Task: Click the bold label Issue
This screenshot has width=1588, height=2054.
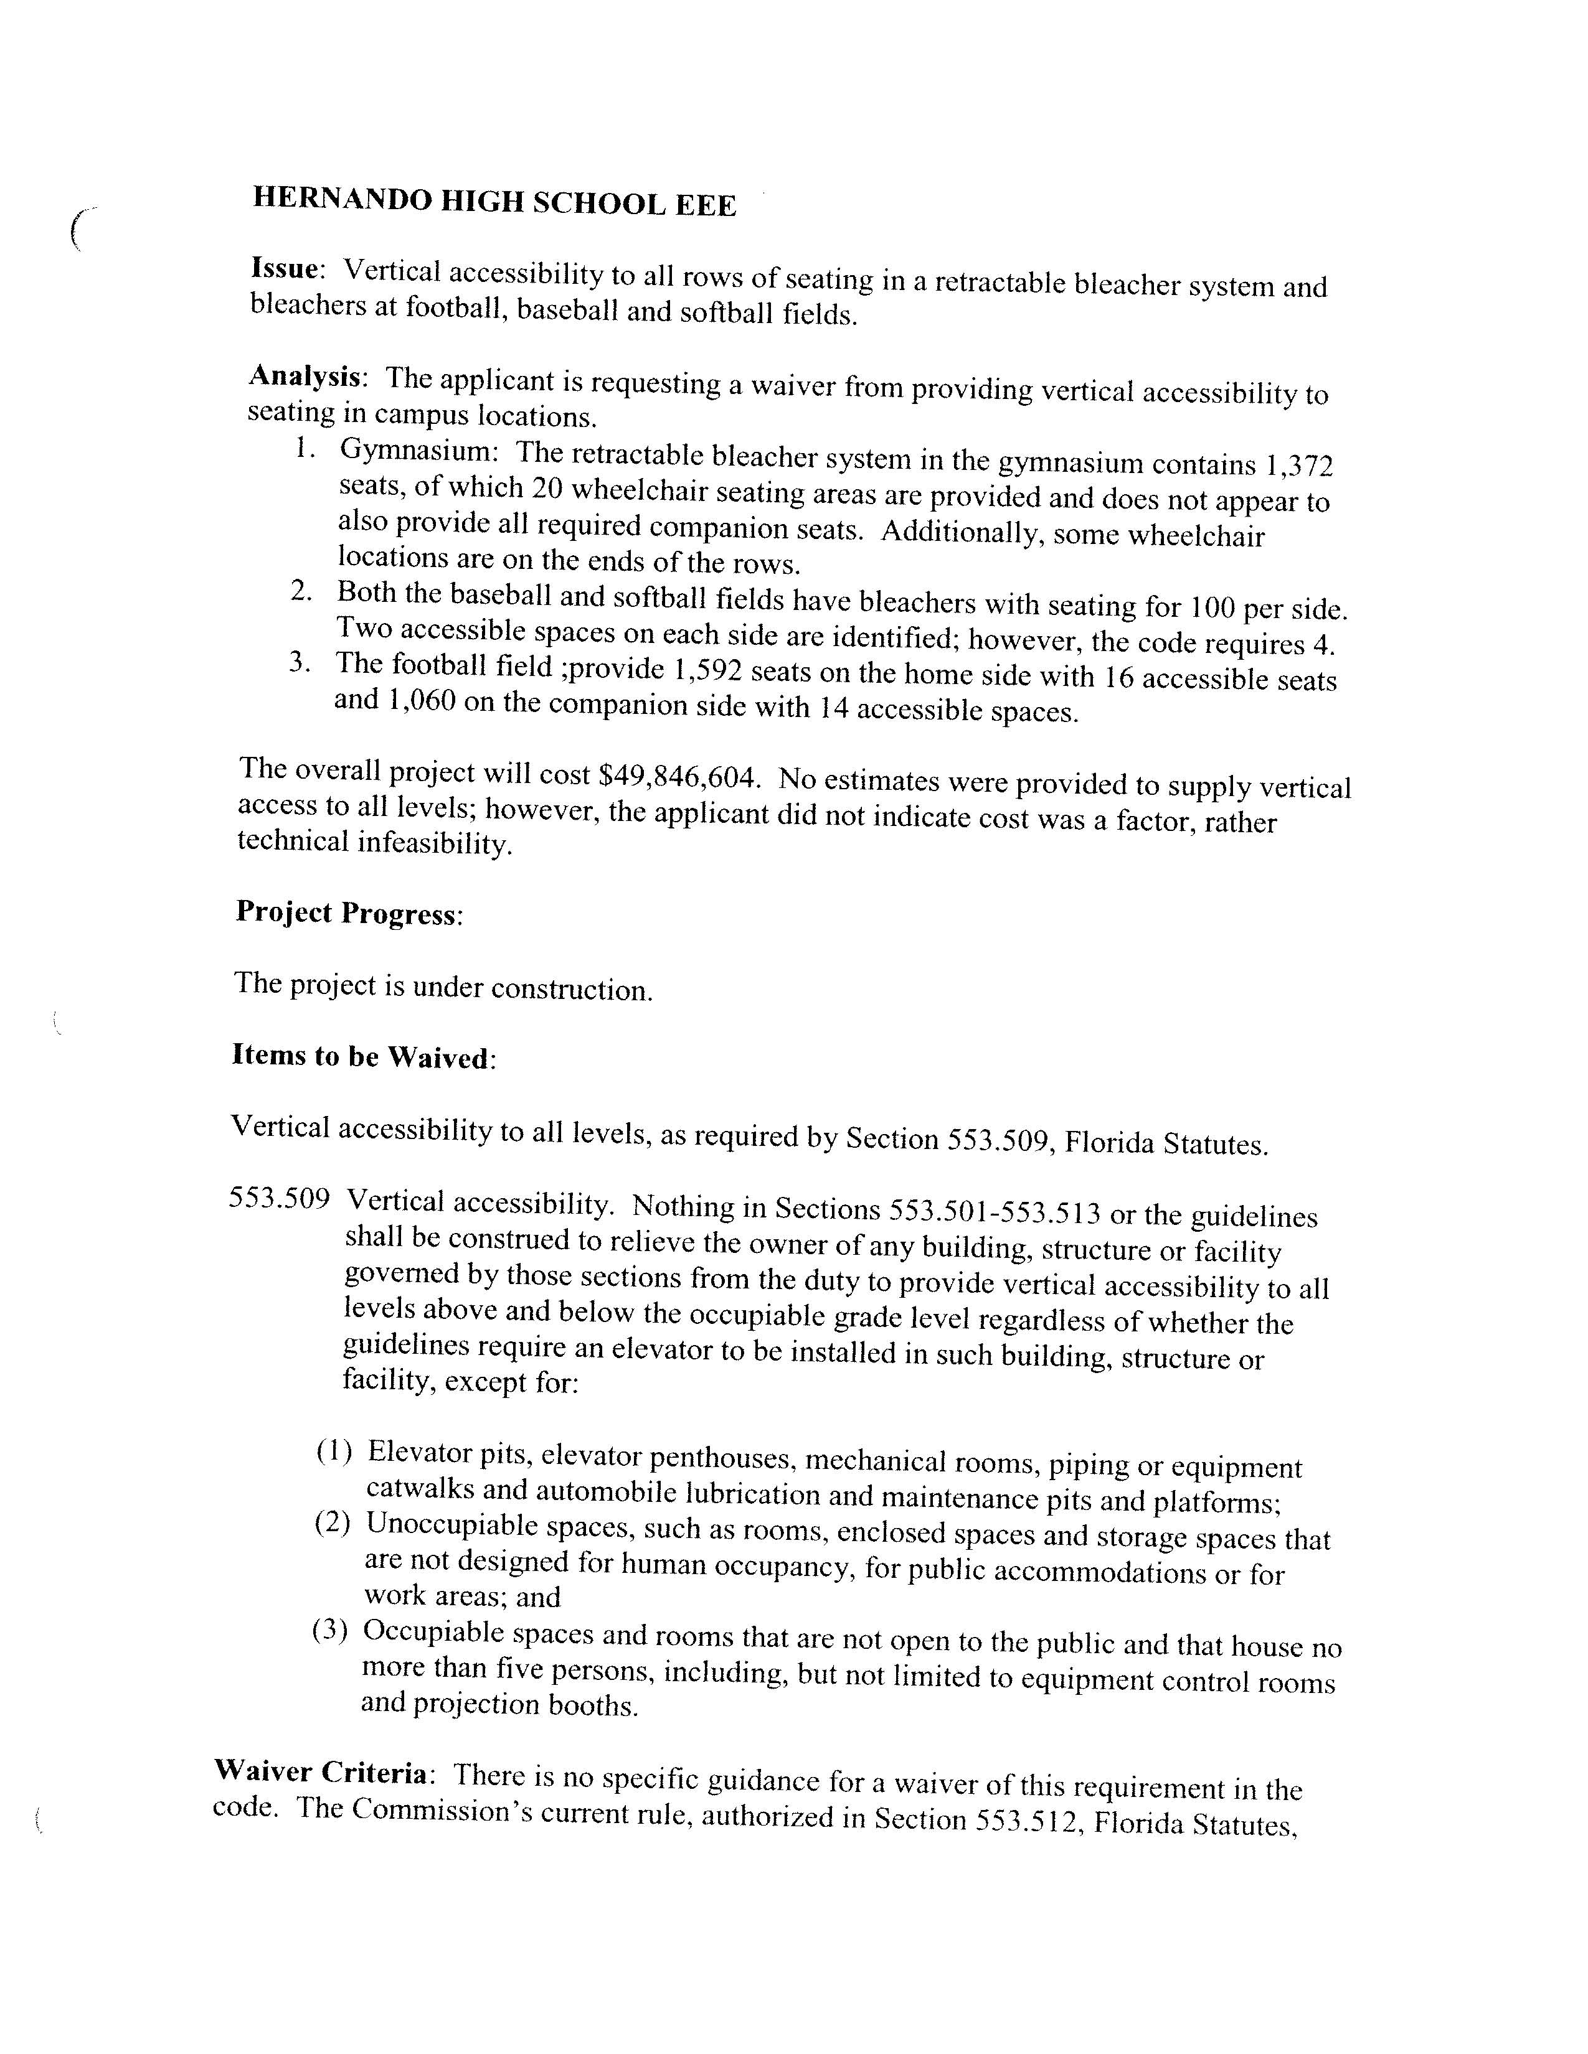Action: (285, 269)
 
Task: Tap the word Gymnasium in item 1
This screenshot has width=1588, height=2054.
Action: (418, 451)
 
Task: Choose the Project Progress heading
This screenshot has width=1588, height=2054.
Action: (348, 912)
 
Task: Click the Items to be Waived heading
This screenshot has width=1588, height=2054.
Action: (362, 1056)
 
